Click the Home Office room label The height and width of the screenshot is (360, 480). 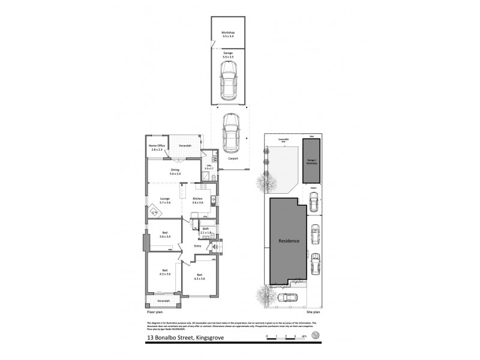156,148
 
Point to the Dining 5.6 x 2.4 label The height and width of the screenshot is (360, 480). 175,172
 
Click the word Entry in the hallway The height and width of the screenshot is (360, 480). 197,246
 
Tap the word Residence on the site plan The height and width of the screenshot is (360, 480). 290,241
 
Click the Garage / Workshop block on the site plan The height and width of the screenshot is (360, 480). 311,161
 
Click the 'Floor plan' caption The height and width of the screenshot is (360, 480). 155,313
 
